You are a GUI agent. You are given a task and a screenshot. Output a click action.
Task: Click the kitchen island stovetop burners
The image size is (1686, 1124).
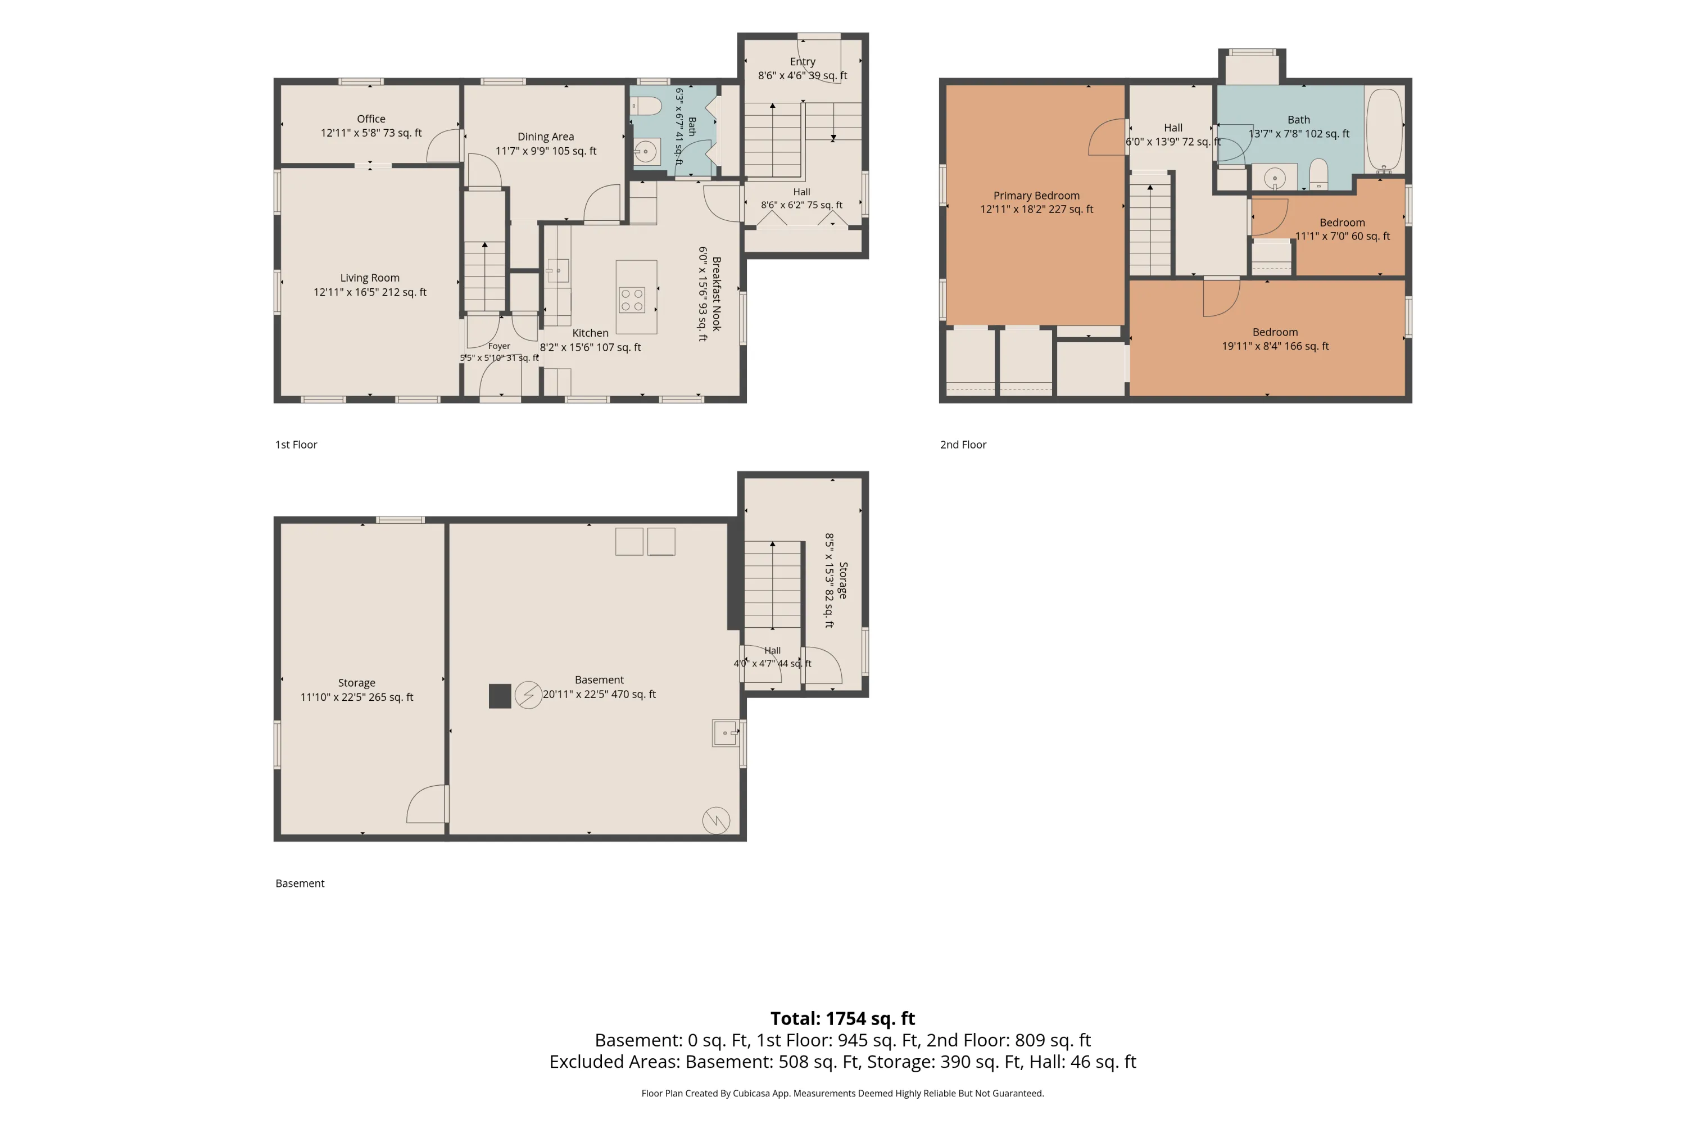click(x=632, y=300)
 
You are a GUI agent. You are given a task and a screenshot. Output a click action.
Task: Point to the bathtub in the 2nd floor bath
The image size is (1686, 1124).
click(x=1384, y=130)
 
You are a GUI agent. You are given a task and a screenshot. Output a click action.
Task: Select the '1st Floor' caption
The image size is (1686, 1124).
click(x=296, y=445)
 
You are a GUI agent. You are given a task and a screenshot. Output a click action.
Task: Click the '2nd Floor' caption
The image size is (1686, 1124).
click(x=963, y=445)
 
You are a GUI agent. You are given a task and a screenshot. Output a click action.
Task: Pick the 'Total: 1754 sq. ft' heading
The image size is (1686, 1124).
click(x=843, y=1018)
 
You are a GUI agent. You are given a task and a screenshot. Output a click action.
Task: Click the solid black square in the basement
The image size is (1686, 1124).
click(x=500, y=696)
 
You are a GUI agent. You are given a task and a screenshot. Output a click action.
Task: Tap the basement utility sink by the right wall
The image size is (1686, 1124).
click(x=726, y=733)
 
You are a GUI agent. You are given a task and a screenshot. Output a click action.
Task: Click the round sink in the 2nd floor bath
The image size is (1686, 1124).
click(x=1275, y=178)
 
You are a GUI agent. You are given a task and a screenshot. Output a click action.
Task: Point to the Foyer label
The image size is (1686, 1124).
click(x=499, y=346)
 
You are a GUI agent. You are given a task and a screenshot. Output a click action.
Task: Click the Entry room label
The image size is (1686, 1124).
click(x=803, y=62)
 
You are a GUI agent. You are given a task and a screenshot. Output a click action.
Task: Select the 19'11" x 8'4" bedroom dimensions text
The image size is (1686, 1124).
click(x=1275, y=346)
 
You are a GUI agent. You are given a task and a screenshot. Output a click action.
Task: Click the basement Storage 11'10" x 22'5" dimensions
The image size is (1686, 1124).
click(x=356, y=697)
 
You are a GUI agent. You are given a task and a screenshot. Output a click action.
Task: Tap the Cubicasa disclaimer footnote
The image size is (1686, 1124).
click(x=843, y=1093)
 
